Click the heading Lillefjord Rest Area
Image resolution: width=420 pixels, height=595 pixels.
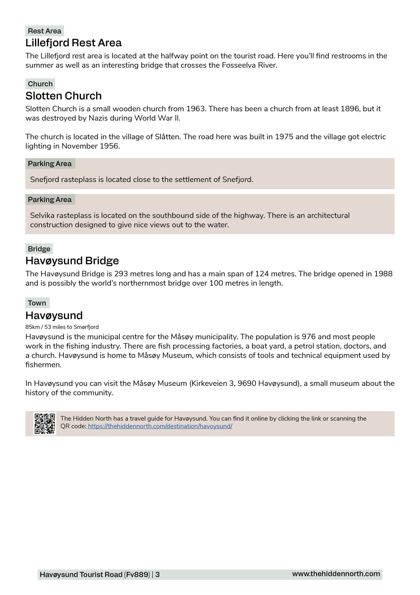pos(73,43)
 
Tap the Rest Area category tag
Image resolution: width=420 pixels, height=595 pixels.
pos(45,31)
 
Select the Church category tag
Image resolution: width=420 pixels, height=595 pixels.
pos(40,84)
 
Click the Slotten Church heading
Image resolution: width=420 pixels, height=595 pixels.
pos(63,96)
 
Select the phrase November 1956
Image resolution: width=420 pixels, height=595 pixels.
pos(90,146)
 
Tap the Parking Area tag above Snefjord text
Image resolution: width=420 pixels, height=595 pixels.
pos(50,164)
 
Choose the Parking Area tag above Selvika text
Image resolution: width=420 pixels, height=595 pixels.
pos(50,200)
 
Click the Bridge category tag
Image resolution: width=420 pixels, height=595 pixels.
pos(39,249)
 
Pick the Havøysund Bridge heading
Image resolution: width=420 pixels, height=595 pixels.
pos(72,261)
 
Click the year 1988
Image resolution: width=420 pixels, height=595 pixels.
pos(383,274)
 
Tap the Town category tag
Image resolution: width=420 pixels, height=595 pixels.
pos(37,303)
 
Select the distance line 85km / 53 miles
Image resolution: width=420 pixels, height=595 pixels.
pos(62,327)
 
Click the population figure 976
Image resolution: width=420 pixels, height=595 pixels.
pos(308,337)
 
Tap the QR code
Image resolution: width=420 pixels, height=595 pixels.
pos(45,423)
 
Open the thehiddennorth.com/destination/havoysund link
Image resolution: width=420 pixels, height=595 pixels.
pos(160,426)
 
